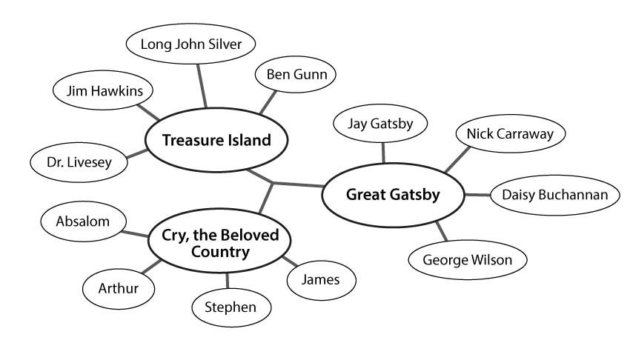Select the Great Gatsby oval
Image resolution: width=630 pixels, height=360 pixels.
coord(393,196)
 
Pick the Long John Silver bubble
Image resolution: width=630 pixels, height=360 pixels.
coord(190,44)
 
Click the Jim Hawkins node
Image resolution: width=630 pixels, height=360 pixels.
coord(104,92)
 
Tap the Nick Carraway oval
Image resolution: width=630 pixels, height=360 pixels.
coord(510,133)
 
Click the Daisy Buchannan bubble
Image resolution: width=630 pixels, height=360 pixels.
coord(555,196)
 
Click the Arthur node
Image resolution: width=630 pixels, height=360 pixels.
coord(119,287)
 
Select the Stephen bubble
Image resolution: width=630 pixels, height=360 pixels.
coord(231,307)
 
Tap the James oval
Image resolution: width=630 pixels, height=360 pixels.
coord(321,279)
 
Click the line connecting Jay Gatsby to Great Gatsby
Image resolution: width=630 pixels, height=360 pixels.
coord(383,152)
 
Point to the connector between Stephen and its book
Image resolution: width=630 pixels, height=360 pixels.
coord(227,280)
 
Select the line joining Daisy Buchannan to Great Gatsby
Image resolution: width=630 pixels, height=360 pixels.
coord(477,195)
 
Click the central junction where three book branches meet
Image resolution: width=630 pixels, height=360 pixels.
coord(273,183)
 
